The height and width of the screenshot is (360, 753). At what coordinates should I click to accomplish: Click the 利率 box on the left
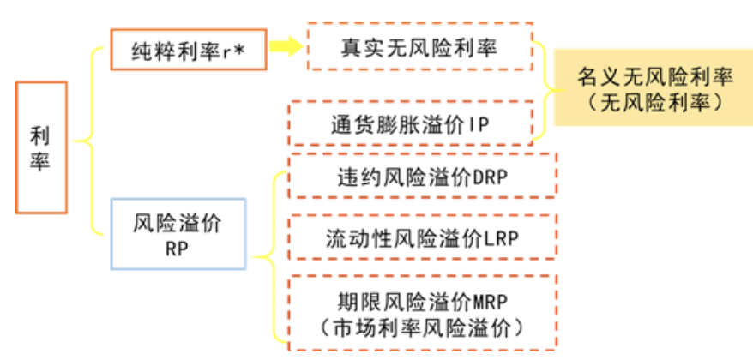coord(41,147)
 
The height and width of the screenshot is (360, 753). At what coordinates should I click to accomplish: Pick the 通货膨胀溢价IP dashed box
coord(409,123)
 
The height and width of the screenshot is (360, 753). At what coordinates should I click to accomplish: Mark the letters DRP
coord(491,177)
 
